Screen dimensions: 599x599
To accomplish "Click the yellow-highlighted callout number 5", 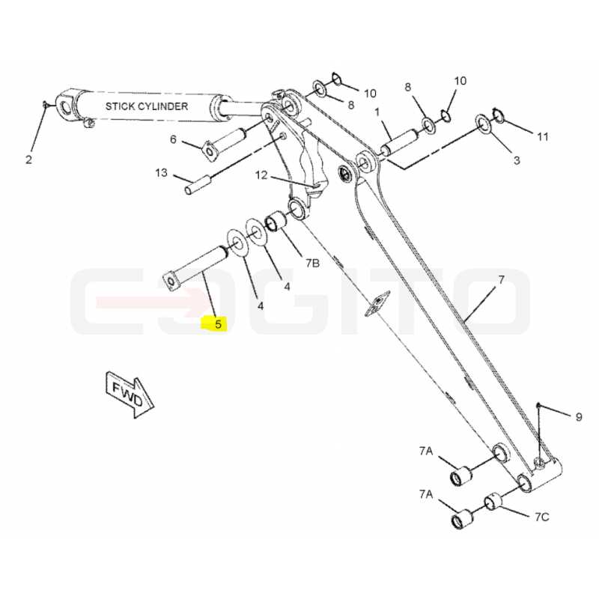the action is pyautogui.click(x=218, y=324).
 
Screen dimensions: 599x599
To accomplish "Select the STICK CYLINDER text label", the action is pyautogui.click(x=147, y=106).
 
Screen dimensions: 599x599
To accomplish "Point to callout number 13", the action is pyautogui.click(x=161, y=173).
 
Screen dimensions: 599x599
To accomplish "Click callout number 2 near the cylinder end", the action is pyautogui.click(x=29, y=159).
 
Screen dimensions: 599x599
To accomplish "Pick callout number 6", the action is pyautogui.click(x=173, y=139).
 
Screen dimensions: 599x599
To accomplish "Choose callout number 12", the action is pyautogui.click(x=261, y=175).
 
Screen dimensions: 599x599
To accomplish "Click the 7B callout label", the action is pyautogui.click(x=312, y=263).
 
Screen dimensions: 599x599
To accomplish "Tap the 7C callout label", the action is pyautogui.click(x=541, y=517).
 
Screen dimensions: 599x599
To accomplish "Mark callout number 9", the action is pyautogui.click(x=579, y=417).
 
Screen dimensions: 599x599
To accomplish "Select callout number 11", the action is pyautogui.click(x=543, y=136).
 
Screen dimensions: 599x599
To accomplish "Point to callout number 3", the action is pyautogui.click(x=517, y=160).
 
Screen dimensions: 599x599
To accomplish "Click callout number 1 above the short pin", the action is pyautogui.click(x=377, y=112).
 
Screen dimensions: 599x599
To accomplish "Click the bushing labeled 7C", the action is pyautogui.click(x=493, y=502).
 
